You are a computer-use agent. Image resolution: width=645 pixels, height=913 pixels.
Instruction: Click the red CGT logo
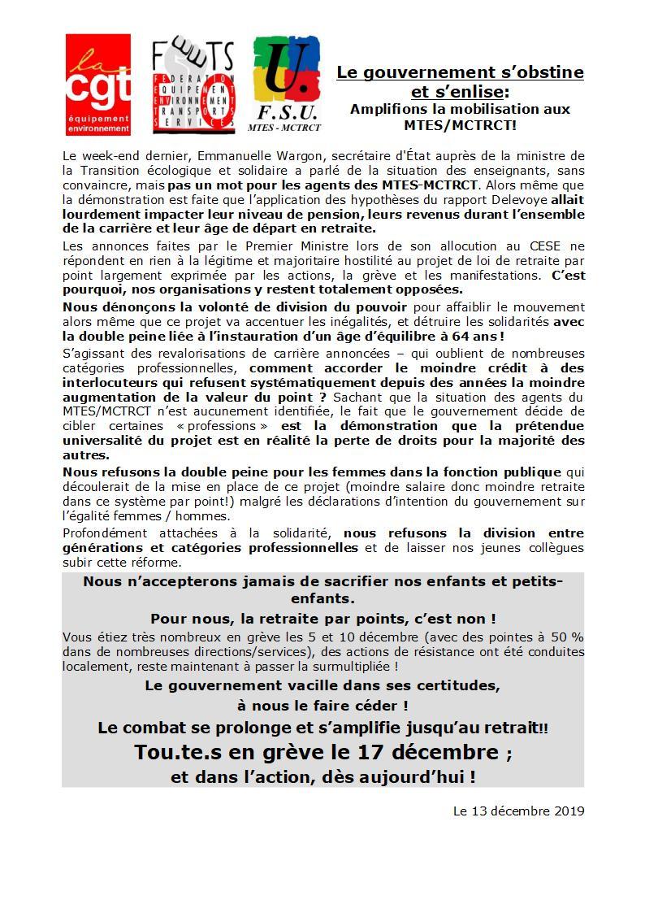[x=97, y=85]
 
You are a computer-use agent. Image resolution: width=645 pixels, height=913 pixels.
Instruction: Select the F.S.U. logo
[x=286, y=85]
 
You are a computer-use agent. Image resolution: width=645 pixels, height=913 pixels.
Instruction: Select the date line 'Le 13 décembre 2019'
[x=518, y=811]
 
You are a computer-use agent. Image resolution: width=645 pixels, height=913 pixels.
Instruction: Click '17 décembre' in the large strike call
[x=434, y=751]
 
